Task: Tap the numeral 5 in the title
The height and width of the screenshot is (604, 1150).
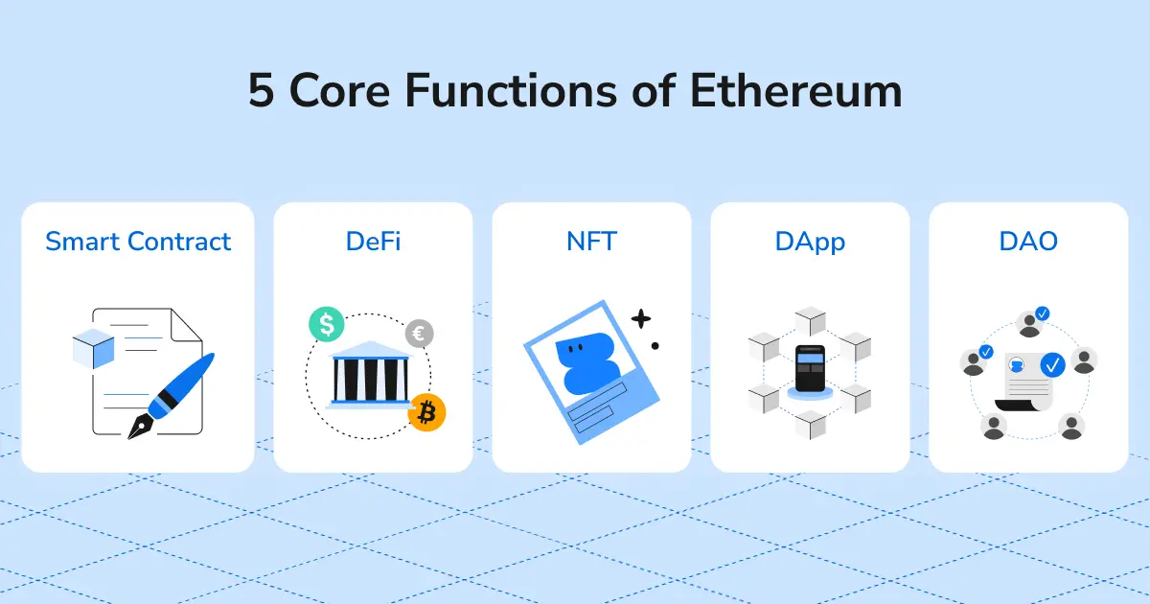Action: [x=262, y=92]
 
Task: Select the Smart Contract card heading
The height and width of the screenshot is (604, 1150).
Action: [x=138, y=241]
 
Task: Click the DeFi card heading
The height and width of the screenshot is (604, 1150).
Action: [x=373, y=241]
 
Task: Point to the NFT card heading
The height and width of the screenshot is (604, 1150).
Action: [x=591, y=241]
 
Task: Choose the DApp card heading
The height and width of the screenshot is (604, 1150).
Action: [x=810, y=241]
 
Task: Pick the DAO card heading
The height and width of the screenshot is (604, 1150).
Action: [x=1028, y=241]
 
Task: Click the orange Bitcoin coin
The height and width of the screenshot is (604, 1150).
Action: [x=426, y=412]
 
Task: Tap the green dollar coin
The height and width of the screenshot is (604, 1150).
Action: [x=327, y=325]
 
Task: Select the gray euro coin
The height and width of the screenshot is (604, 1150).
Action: [x=419, y=334]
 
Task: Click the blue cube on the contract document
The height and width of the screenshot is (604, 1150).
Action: [x=94, y=346]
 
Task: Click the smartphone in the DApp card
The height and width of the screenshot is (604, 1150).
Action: [x=810, y=370]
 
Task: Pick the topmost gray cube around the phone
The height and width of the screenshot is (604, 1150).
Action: [x=811, y=320]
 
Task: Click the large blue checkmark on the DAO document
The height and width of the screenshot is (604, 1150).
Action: [x=1052, y=364]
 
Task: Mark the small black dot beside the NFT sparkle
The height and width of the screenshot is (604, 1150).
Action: [x=655, y=345]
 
